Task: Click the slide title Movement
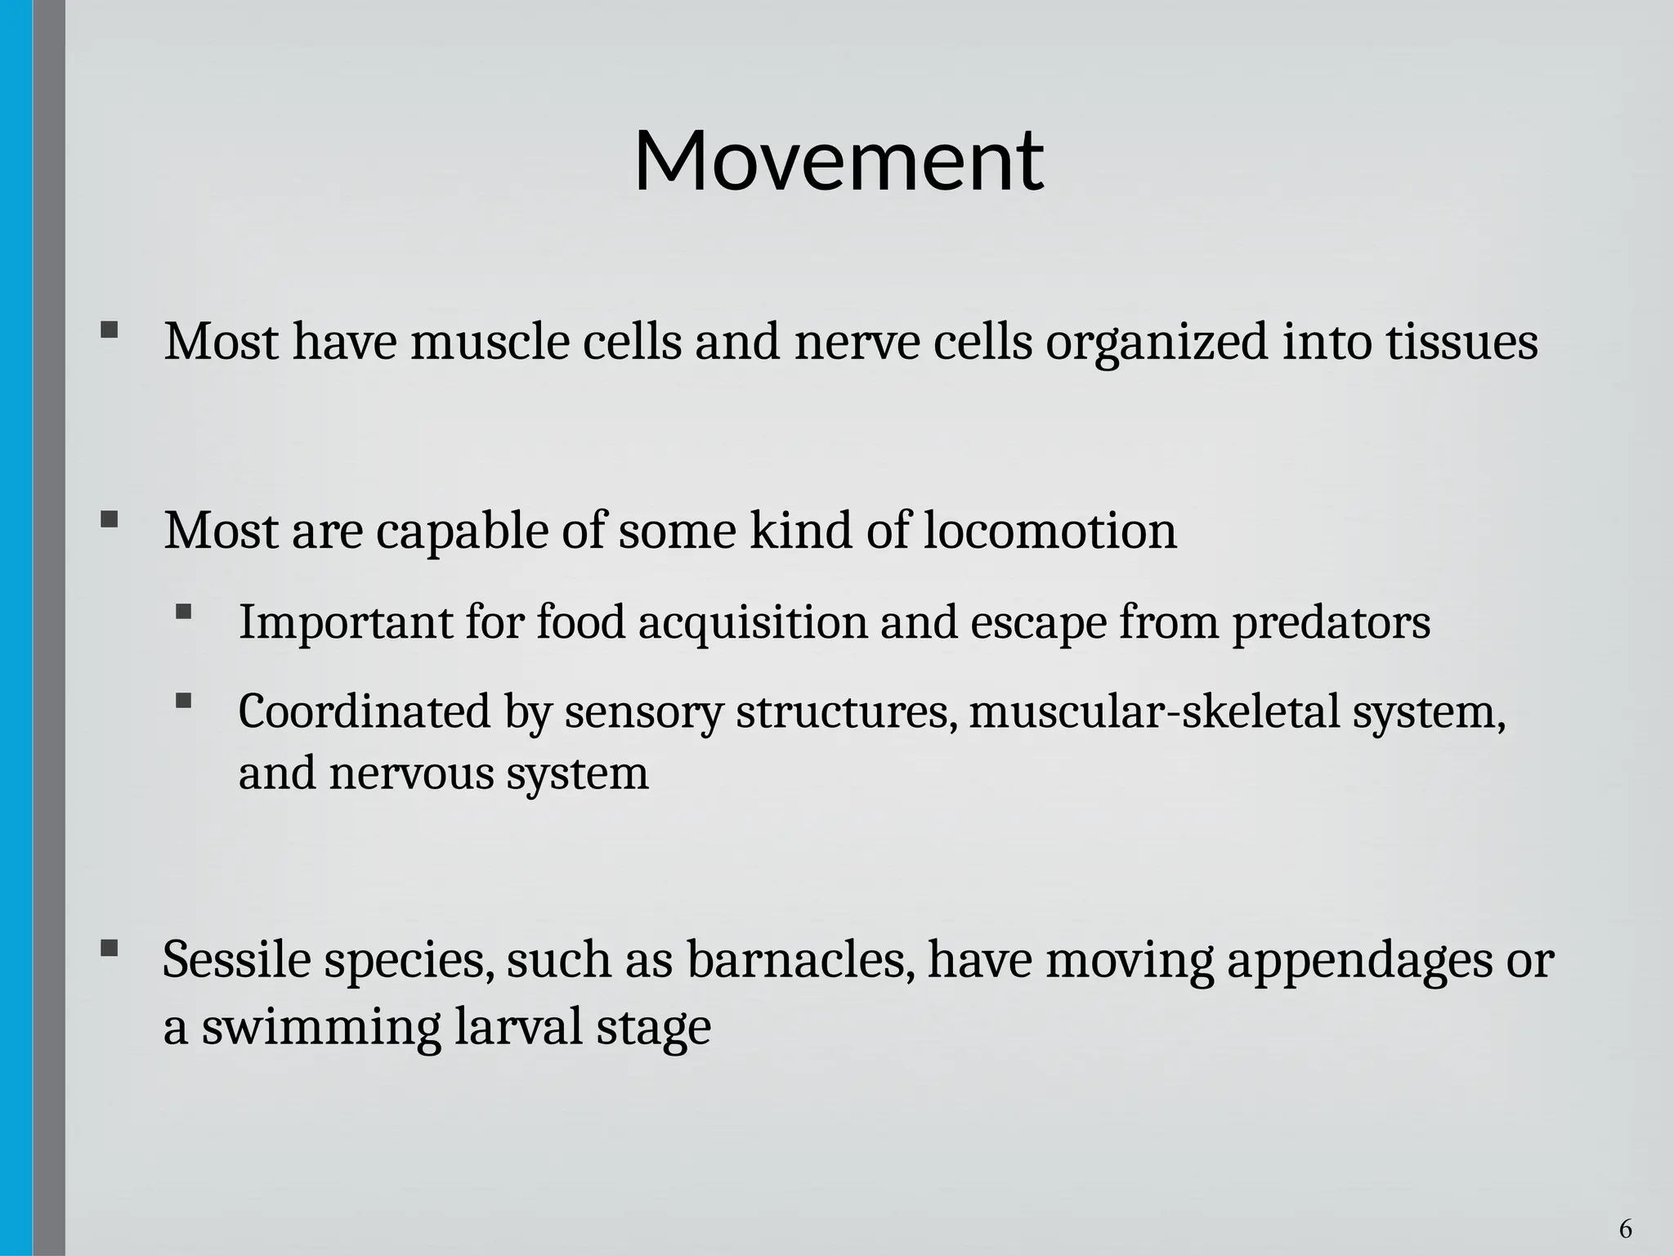pyautogui.click(x=838, y=161)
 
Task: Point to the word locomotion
pyautogui.click(x=1050, y=531)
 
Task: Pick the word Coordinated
pyautogui.click(x=364, y=711)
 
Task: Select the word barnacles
pyautogui.click(x=799, y=960)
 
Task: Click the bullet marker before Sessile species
pyautogui.click(x=109, y=949)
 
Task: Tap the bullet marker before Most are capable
pyautogui.click(x=109, y=520)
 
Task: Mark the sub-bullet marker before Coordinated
pyautogui.click(x=183, y=701)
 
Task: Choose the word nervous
pyautogui.click(x=411, y=774)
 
